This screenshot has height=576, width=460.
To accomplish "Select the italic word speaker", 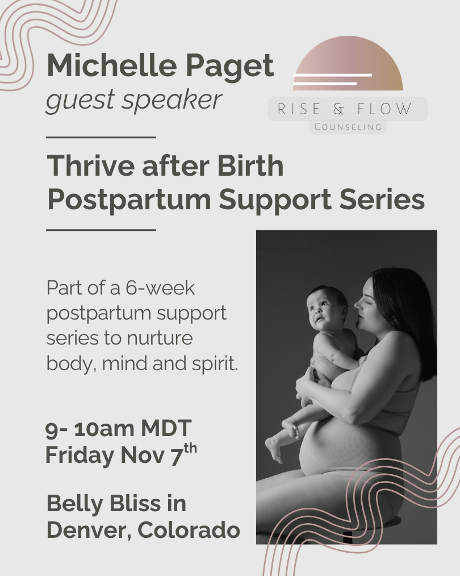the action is (172, 100).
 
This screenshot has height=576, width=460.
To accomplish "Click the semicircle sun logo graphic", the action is (348, 63).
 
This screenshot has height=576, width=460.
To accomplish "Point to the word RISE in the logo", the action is (299, 109).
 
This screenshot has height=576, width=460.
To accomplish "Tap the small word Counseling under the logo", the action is (348, 127).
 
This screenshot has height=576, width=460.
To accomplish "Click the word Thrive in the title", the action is (91, 165).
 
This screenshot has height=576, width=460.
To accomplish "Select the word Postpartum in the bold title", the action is (129, 200).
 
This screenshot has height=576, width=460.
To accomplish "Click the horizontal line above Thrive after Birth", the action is (101, 138).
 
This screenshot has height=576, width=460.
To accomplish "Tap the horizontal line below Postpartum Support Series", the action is (101, 230).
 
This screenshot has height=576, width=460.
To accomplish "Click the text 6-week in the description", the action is (160, 288).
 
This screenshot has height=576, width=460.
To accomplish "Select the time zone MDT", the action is (166, 428).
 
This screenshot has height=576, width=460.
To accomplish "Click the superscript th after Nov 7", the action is (190, 449).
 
